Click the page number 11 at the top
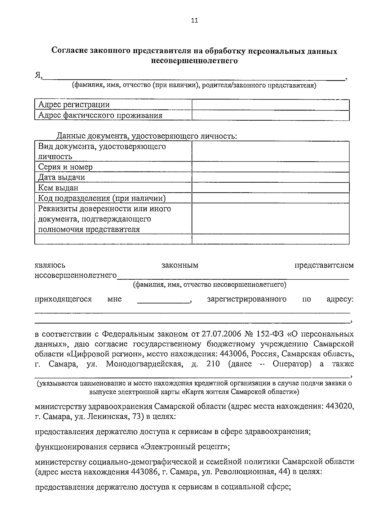point(194,21)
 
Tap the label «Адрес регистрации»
point(74,105)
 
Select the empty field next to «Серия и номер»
point(270,167)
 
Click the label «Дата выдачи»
point(61,177)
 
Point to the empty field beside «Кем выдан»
point(270,188)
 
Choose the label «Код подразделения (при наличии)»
point(102,198)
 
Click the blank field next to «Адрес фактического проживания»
point(270,116)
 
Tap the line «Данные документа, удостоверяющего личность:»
point(146,136)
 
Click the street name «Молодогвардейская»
point(144,364)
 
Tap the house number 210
point(213,364)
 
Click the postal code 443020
point(340,406)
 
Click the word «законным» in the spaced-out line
point(180,265)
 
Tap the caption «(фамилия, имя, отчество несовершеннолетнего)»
point(210,284)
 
